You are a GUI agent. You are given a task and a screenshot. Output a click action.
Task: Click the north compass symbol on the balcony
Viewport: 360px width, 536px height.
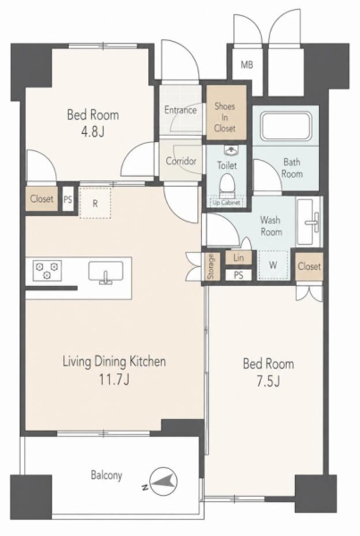[x=163, y=482]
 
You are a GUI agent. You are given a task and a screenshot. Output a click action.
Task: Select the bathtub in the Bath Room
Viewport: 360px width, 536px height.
[x=286, y=126]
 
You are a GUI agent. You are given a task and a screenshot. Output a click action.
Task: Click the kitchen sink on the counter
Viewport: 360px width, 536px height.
[x=105, y=272]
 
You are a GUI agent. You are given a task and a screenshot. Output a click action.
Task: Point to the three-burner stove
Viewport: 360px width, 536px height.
[x=47, y=270]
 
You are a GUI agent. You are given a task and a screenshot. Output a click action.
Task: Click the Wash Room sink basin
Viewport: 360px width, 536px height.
[x=309, y=222]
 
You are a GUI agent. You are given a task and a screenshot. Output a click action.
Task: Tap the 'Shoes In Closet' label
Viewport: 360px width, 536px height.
[x=225, y=117]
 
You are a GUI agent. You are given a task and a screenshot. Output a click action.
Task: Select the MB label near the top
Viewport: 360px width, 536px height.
[x=247, y=64]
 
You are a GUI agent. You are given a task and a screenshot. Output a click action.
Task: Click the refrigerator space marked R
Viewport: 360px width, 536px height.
[x=95, y=203]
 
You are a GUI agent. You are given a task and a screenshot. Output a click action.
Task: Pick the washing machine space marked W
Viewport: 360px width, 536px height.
[x=272, y=265]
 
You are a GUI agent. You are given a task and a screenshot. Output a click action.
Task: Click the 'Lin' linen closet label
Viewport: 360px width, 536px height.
[x=239, y=258]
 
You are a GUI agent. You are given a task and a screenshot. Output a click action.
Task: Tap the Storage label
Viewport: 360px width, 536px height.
[x=211, y=266]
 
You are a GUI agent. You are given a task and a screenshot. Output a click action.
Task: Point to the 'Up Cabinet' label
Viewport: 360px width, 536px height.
[x=227, y=202]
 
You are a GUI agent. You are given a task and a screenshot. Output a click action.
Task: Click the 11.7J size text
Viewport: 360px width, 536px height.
[x=114, y=380]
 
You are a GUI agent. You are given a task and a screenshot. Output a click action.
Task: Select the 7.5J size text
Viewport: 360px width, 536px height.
[x=268, y=381]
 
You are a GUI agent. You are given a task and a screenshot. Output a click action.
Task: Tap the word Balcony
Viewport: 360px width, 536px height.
[x=106, y=475]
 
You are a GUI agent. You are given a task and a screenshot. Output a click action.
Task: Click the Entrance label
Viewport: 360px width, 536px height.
[x=180, y=110]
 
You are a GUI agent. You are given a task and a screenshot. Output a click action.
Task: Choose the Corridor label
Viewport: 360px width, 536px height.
[x=181, y=161]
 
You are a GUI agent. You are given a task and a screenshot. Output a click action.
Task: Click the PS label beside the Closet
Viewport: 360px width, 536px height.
[x=68, y=199]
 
